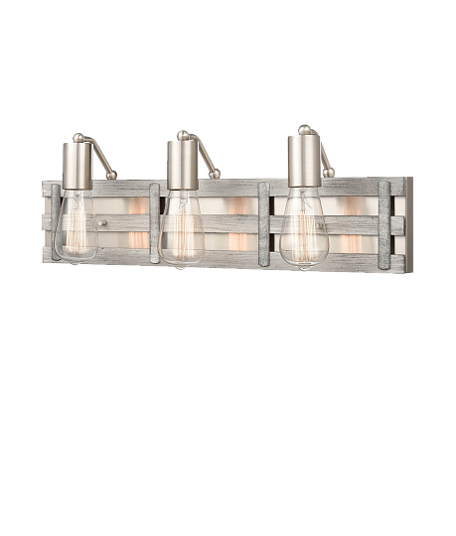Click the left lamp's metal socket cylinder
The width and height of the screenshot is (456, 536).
point(77,166)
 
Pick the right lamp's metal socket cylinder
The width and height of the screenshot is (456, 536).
point(304,159)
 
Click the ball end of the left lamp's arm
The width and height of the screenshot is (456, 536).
point(112,176)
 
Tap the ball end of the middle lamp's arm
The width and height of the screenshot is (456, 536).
point(215,175)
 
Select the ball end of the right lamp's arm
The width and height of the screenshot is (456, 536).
point(330,172)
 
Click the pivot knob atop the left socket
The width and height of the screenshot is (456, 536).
point(76,137)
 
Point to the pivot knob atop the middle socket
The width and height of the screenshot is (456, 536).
point(182,134)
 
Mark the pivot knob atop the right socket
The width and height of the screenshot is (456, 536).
point(303,129)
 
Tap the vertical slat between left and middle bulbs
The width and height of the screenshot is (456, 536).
point(154,222)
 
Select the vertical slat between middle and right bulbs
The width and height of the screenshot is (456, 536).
point(263,223)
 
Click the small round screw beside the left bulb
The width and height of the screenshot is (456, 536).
point(102,224)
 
